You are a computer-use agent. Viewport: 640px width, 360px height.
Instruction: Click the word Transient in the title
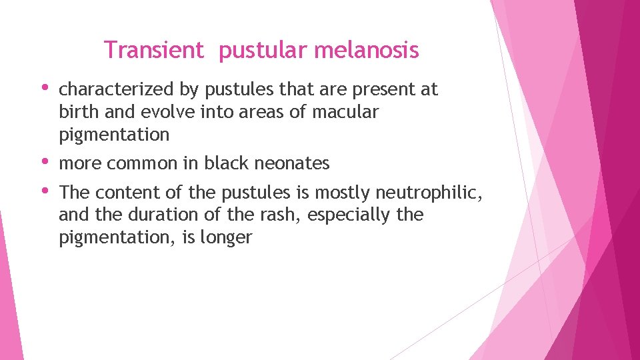tap(153, 50)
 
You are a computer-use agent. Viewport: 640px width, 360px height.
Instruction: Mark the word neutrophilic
tap(427, 193)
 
